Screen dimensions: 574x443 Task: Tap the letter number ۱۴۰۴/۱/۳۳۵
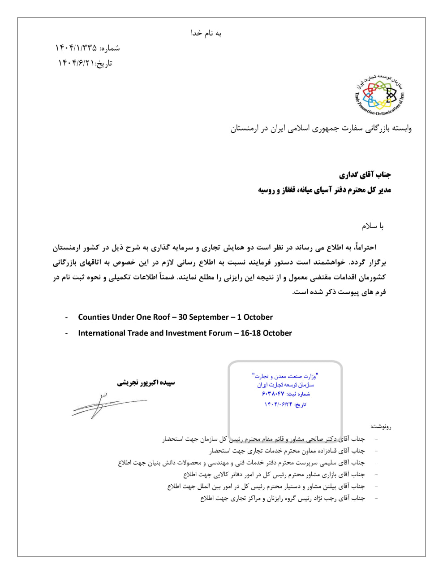(76, 48)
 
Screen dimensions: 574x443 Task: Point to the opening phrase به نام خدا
(206, 33)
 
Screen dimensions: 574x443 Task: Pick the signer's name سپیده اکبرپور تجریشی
(146, 383)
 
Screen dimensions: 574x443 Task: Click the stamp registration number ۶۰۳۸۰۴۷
(273, 394)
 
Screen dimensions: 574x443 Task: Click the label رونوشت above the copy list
(381, 426)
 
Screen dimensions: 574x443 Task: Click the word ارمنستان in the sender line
(245, 129)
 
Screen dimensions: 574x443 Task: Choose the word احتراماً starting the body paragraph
(364, 247)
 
